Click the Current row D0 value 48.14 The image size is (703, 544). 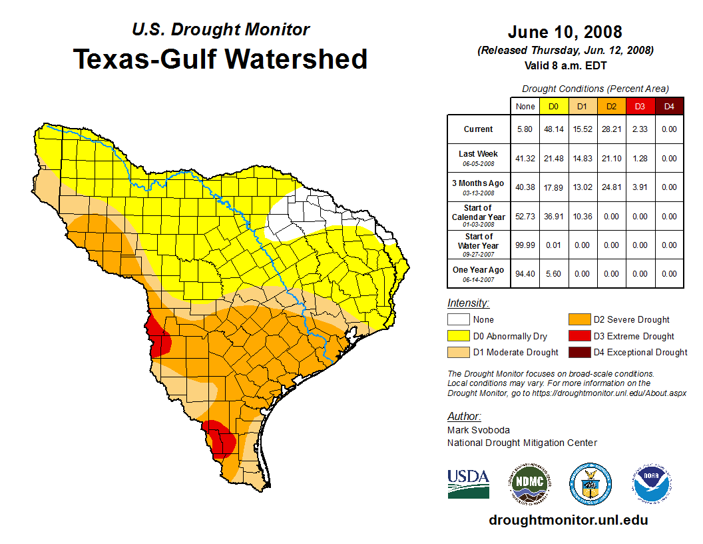click(x=553, y=129)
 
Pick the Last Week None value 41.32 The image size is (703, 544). click(x=525, y=159)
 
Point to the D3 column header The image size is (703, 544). click(x=640, y=107)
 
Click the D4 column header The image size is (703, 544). click(x=669, y=107)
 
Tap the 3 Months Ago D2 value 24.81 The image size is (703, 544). click(x=610, y=187)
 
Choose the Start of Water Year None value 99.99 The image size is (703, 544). click(x=525, y=245)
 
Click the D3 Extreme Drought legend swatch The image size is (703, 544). click(x=578, y=336)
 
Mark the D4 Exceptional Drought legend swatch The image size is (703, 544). click(x=578, y=352)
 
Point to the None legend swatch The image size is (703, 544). click(x=458, y=320)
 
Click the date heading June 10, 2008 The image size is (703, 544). click(x=565, y=32)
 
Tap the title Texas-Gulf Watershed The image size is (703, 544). click(x=220, y=59)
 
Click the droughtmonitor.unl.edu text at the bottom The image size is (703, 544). click(x=568, y=520)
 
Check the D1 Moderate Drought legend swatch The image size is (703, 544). click(x=458, y=352)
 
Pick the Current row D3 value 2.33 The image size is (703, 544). click(x=640, y=129)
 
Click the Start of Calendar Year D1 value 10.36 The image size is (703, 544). click(x=582, y=217)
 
